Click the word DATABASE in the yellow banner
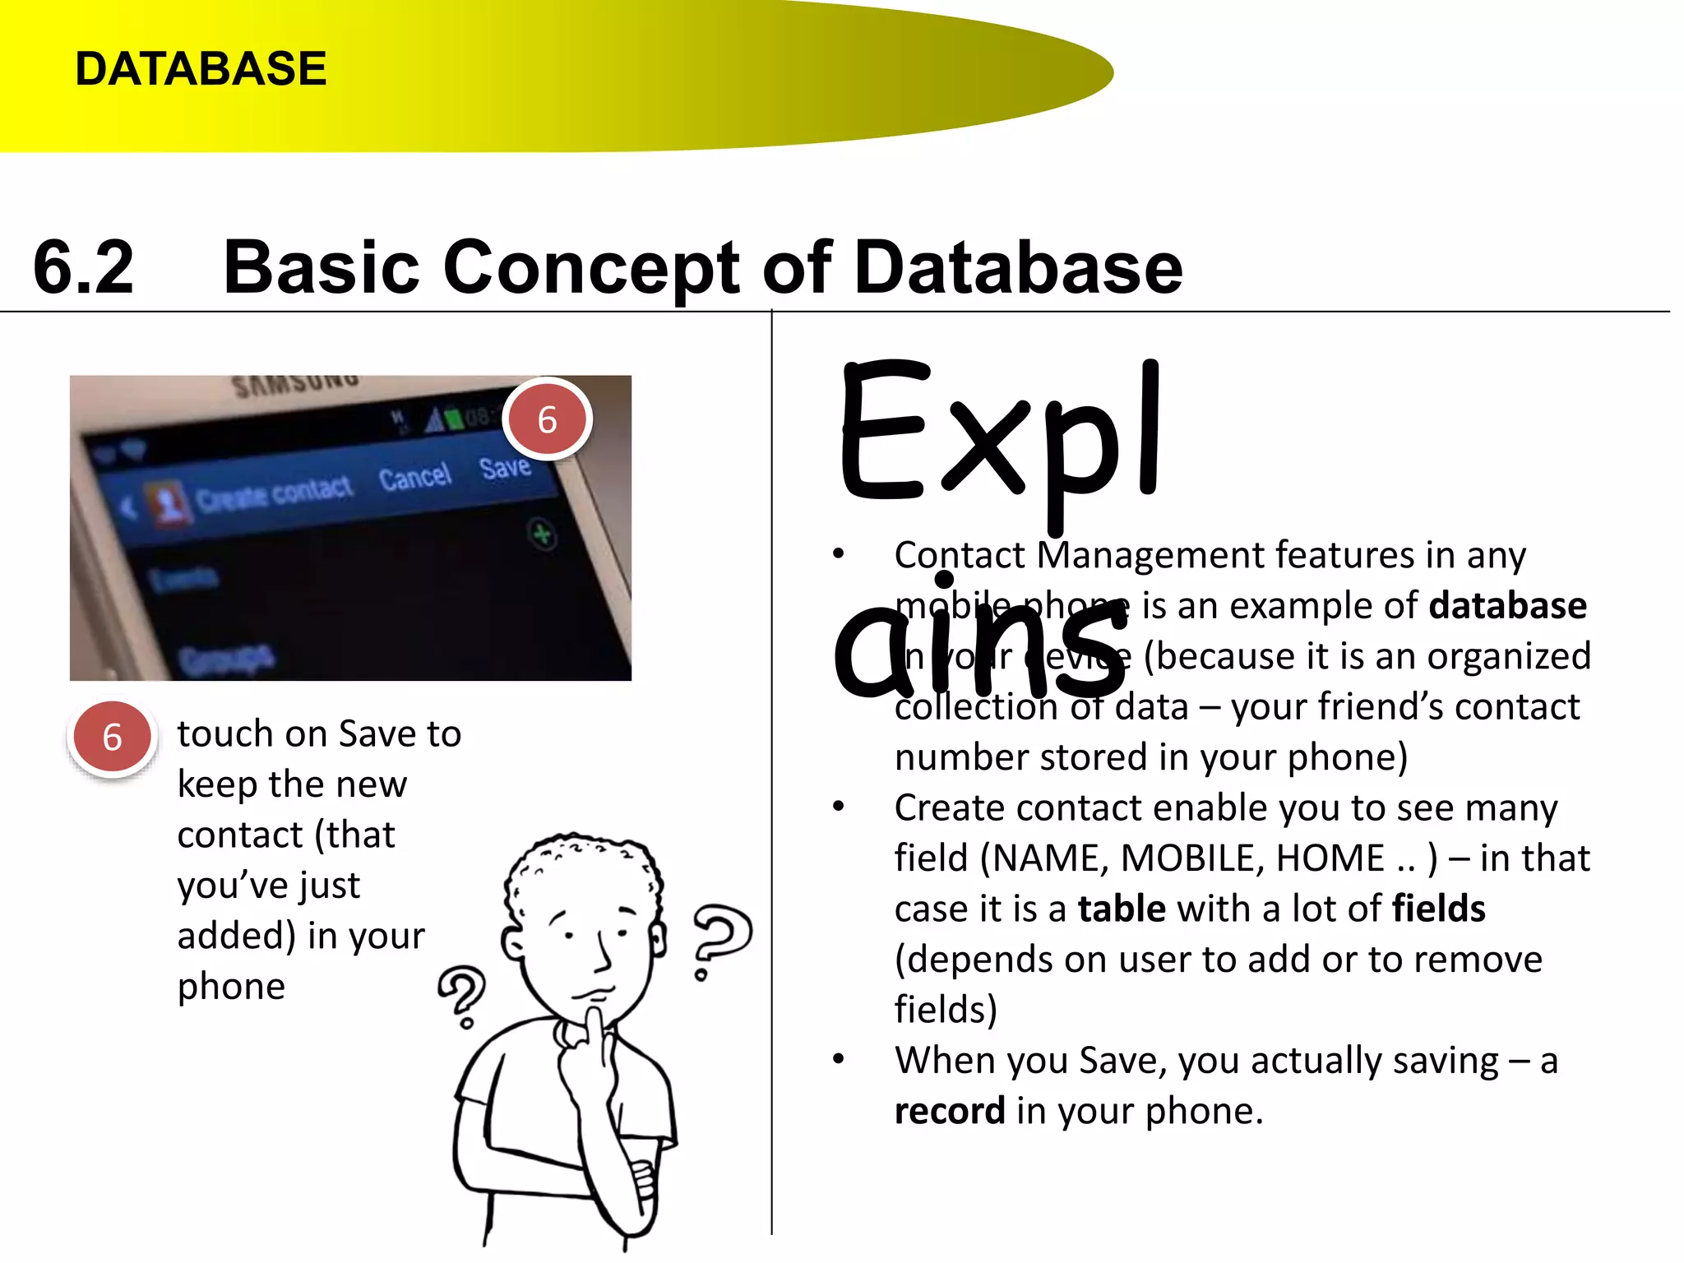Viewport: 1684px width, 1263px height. (201, 68)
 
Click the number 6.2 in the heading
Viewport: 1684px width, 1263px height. (83, 267)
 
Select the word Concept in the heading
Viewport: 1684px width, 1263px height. (591, 267)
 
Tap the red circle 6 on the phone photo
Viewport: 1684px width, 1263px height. (547, 419)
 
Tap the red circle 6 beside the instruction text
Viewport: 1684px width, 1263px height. (112, 737)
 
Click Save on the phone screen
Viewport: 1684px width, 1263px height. (505, 468)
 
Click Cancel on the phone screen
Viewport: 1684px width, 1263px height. (414, 477)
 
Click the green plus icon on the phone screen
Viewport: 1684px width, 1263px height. (542, 535)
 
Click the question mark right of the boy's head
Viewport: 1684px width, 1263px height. (720, 937)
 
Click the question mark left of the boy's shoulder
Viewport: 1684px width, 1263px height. (463, 995)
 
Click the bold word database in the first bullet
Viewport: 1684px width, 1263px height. (1507, 606)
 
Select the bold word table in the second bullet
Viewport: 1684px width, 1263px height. (1122, 909)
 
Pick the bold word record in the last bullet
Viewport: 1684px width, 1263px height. (950, 1112)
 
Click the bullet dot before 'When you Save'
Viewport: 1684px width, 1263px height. (838, 1059)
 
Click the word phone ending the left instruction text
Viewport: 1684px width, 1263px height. (231, 987)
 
